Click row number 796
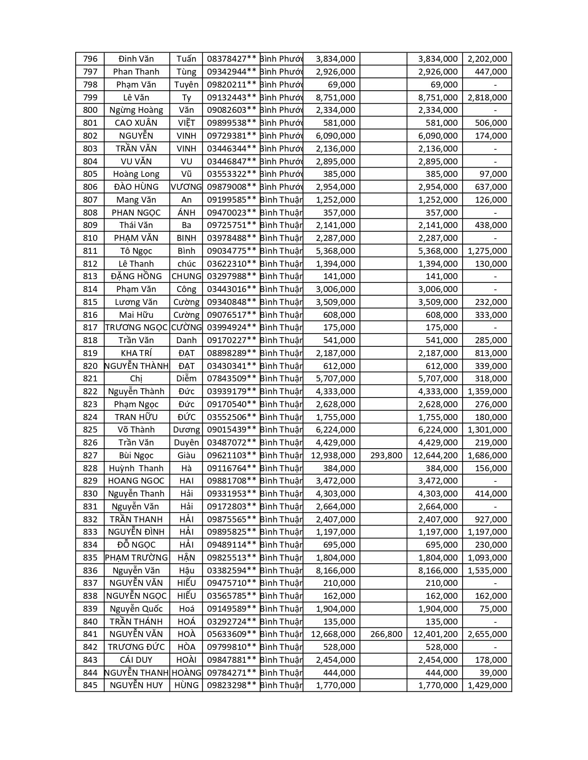click(x=90, y=59)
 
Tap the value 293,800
click(x=386, y=456)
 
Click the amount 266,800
click(x=386, y=634)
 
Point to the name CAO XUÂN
click(x=136, y=123)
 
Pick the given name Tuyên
click(x=186, y=85)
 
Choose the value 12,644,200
click(x=435, y=456)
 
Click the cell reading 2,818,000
click(x=487, y=97)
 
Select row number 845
click(x=90, y=685)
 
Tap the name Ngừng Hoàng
click(x=136, y=110)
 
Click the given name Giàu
click(x=186, y=456)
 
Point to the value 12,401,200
click(x=435, y=634)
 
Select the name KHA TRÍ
click(x=136, y=353)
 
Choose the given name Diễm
click(x=186, y=379)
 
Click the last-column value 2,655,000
click(x=487, y=634)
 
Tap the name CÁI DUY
click(x=136, y=660)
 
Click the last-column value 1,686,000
click(x=487, y=456)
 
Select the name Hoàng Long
click(x=136, y=174)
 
